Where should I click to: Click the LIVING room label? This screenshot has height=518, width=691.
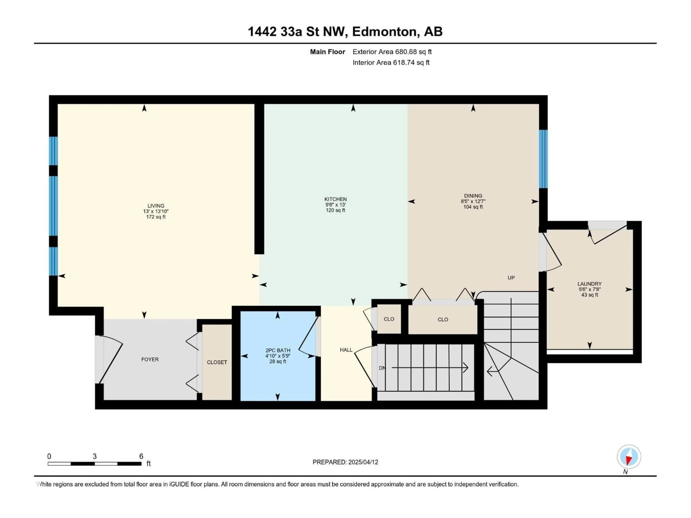[156, 205]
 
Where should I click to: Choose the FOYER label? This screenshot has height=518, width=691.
[150, 359]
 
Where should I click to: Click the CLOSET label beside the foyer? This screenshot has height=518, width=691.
[217, 362]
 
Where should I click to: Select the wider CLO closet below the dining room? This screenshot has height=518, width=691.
[443, 319]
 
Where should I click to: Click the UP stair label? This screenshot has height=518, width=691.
[511, 278]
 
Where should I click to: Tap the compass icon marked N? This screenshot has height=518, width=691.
[629, 457]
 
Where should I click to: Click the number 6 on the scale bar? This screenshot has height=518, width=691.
[141, 456]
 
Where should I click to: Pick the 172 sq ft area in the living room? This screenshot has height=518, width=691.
[156, 217]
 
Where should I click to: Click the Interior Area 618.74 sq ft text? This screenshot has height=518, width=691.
[391, 62]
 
